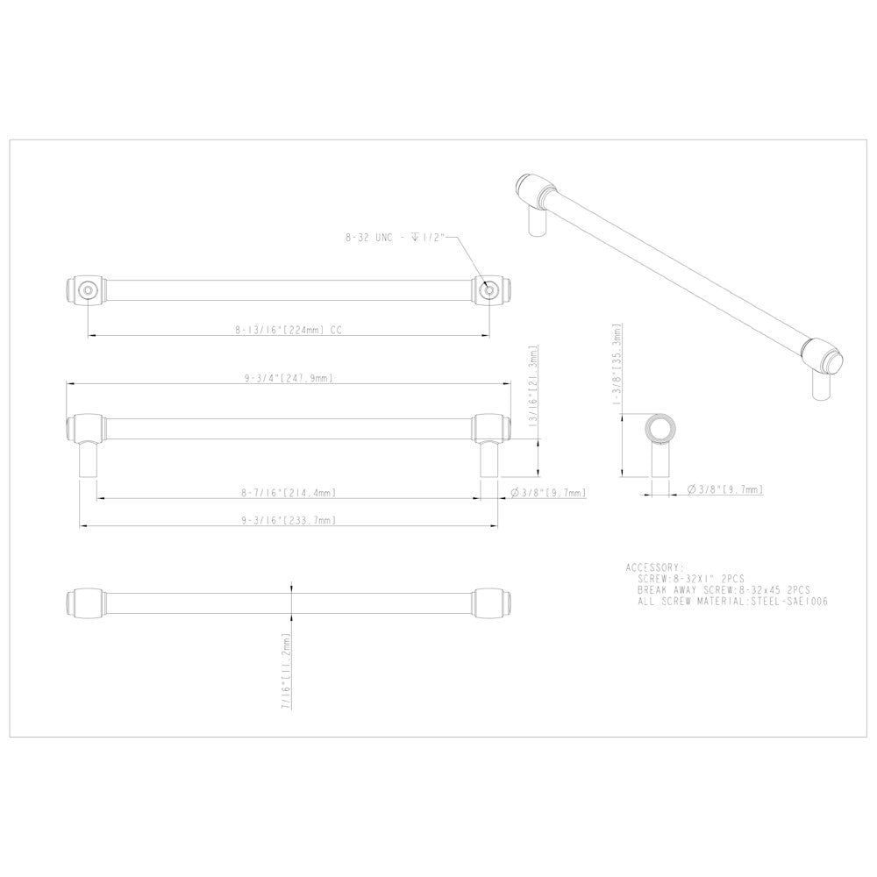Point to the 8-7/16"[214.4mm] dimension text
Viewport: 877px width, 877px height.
(x=289, y=493)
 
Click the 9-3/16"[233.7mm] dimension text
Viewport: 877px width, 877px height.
(x=289, y=520)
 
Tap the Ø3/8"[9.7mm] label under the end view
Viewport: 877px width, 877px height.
(x=725, y=488)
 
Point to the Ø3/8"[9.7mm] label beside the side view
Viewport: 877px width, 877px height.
(x=548, y=493)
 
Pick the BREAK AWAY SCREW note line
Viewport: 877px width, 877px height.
(x=724, y=591)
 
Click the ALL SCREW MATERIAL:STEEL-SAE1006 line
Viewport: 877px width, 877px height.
(x=733, y=602)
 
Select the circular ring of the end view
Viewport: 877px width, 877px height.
(x=659, y=428)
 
